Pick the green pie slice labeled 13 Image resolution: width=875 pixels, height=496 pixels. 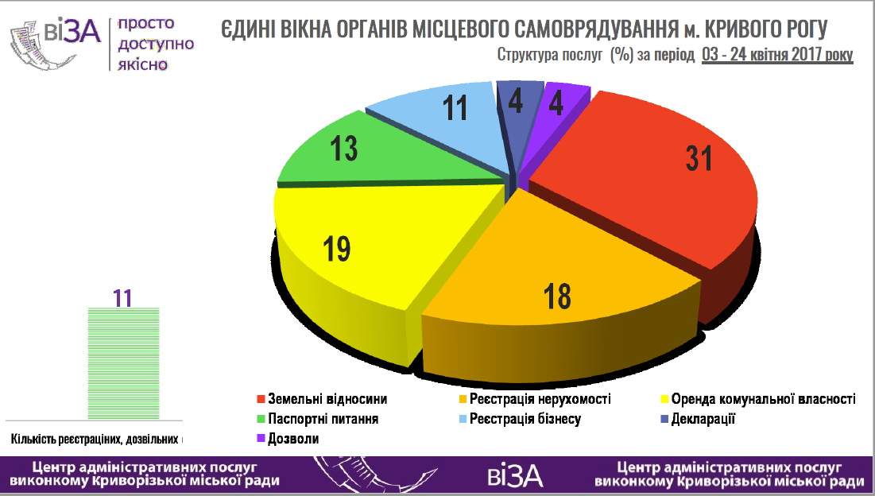(x=379, y=151)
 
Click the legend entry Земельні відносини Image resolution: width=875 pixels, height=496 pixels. (x=322, y=399)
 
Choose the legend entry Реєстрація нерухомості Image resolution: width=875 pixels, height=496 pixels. (x=535, y=399)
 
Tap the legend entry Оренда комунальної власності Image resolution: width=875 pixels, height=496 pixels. (x=758, y=399)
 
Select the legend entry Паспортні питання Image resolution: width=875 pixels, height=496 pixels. (x=318, y=419)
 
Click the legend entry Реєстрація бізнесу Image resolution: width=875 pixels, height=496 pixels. (x=520, y=419)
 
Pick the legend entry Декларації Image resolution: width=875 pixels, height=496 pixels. (x=698, y=419)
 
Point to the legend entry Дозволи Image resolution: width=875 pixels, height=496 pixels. (x=288, y=439)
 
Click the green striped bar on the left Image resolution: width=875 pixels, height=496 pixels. (x=124, y=363)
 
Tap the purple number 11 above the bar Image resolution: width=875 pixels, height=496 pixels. (x=122, y=299)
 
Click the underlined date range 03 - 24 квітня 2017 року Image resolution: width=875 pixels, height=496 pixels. (x=777, y=55)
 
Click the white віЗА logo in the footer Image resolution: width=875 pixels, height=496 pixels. (x=515, y=476)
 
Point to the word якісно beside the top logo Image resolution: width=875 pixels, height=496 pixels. (x=143, y=64)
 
